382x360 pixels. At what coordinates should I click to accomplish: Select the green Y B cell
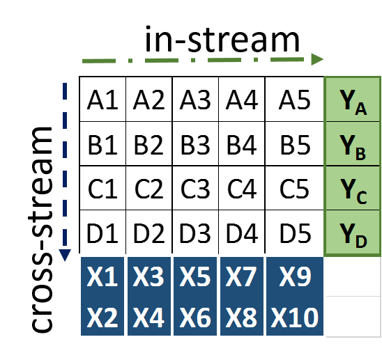[353, 145]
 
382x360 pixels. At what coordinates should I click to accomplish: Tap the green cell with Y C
[353, 189]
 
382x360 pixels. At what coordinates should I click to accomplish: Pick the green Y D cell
[353, 233]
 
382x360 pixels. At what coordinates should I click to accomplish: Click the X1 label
[102, 278]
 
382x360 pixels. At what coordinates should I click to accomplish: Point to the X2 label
[102, 318]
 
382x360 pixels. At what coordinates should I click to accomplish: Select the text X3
[148, 278]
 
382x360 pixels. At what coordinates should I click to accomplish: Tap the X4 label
[148, 318]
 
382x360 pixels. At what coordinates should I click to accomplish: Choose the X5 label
[195, 278]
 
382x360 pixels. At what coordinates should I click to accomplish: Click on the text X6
[195, 318]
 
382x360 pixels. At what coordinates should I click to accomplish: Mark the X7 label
[241, 278]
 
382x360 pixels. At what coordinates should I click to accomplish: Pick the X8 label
[241, 318]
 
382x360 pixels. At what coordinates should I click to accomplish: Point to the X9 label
[295, 278]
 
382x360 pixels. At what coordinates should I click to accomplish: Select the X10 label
[295, 318]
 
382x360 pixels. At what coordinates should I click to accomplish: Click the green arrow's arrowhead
[318, 60]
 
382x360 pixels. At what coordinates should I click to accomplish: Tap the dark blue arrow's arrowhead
[65, 256]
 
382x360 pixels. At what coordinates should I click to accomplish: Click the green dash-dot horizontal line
[195, 61]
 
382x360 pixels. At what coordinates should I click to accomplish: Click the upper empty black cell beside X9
[353, 276]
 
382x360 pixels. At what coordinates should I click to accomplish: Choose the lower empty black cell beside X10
[353, 317]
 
